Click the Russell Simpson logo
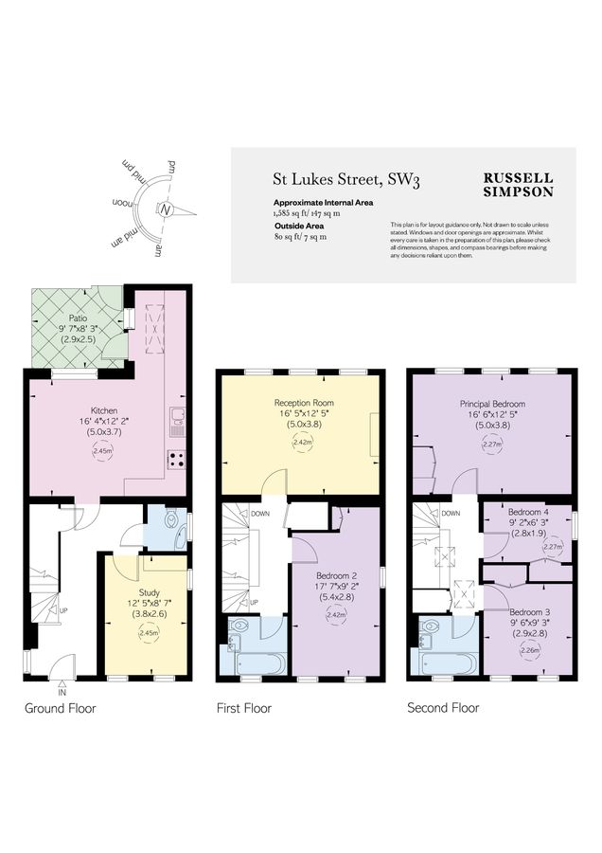[518, 184]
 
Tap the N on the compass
[165, 209]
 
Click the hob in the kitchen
[176, 459]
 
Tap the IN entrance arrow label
[62, 693]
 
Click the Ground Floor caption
[62, 708]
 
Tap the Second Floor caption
[442, 708]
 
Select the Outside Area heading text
[295, 227]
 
